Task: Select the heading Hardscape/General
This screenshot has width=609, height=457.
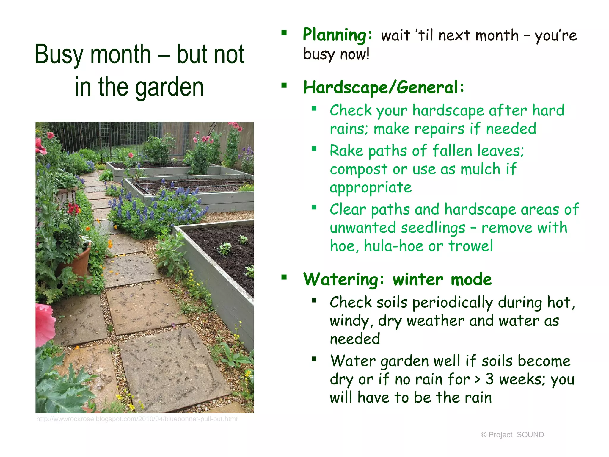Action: (x=384, y=88)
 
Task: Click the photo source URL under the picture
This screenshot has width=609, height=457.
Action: (x=137, y=419)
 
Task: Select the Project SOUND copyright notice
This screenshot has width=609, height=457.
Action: (x=512, y=435)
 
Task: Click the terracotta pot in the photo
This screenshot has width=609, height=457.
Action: (x=78, y=259)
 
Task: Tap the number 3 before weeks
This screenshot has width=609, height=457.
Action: (x=489, y=379)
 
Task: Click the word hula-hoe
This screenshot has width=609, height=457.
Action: (x=393, y=246)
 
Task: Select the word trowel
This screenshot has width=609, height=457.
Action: (x=470, y=246)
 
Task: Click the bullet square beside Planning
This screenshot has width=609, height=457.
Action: (x=284, y=33)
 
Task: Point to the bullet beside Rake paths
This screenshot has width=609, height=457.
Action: (x=314, y=148)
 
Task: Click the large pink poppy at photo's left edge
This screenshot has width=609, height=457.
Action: (x=45, y=324)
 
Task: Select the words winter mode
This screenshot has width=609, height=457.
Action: (x=442, y=280)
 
